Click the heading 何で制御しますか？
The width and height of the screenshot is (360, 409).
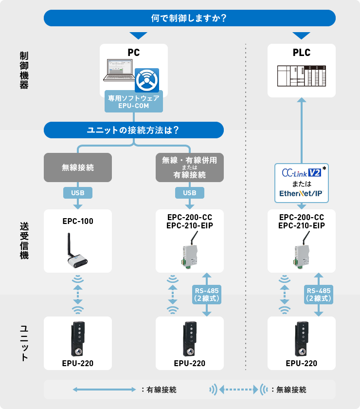click(x=190, y=18)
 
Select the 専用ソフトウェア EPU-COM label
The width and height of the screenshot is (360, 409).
click(x=134, y=101)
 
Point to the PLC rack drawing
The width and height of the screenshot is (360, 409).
click(x=302, y=75)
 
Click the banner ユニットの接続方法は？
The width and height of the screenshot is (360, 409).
click(x=133, y=130)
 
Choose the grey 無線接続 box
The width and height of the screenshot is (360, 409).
click(x=78, y=167)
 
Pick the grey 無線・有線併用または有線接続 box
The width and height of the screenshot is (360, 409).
click(x=190, y=167)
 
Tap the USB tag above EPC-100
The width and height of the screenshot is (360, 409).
click(x=78, y=193)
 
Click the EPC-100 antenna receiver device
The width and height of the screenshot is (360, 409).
click(x=77, y=251)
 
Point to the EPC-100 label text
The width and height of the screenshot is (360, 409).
click(x=78, y=221)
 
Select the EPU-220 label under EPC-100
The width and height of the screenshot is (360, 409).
click(x=78, y=363)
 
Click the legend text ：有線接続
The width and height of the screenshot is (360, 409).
click(x=158, y=390)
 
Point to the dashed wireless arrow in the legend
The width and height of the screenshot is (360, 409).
click(x=238, y=390)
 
